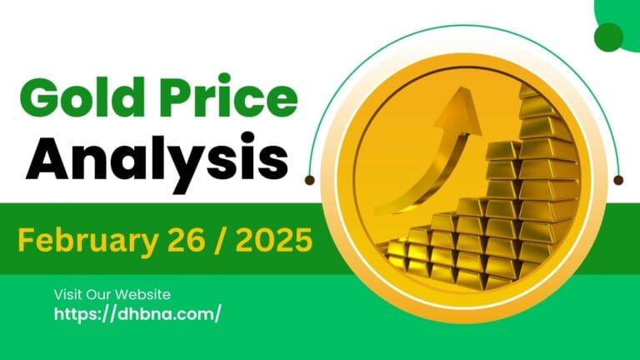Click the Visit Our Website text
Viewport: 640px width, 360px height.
coord(112,294)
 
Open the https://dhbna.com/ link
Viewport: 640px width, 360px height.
coord(137,314)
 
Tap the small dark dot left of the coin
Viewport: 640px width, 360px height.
coord(310,179)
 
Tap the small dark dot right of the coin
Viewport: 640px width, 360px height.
coord(617,179)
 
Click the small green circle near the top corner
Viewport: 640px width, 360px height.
coord(609,36)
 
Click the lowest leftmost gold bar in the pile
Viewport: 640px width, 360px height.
coord(402,264)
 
